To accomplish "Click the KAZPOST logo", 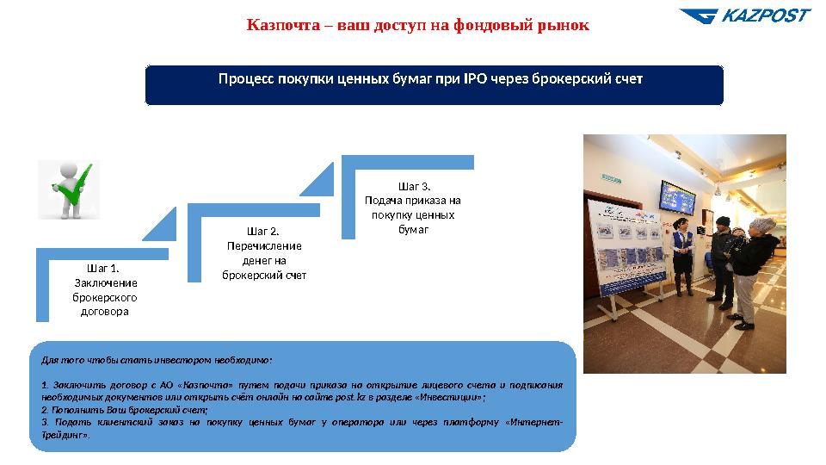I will click(x=744, y=16).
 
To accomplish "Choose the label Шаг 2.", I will click(x=263, y=231).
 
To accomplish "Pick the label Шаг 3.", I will click(x=414, y=186).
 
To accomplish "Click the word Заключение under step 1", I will click(x=106, y=282).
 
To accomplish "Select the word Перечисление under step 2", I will click(x=264, y=245).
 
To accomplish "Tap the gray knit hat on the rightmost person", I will click(x=760, y=225).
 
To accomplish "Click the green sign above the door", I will click(x=612, y=178).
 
